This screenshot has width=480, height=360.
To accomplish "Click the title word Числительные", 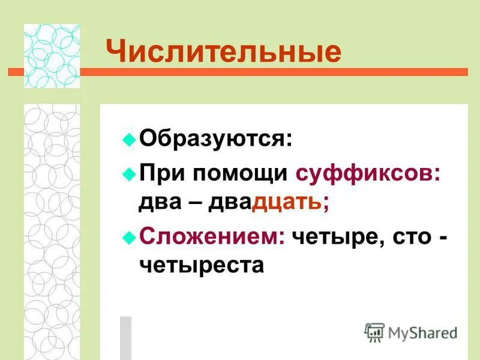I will point(223,52).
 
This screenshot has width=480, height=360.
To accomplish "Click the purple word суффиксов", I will point(368,173).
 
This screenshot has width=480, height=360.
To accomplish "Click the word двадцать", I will point(268,202).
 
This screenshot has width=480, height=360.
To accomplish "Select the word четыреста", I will point(202,264).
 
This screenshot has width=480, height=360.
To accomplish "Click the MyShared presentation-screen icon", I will point(374,332).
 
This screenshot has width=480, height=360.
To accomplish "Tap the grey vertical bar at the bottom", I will point(125,337).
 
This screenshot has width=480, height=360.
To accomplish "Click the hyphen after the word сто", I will point(442,236).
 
